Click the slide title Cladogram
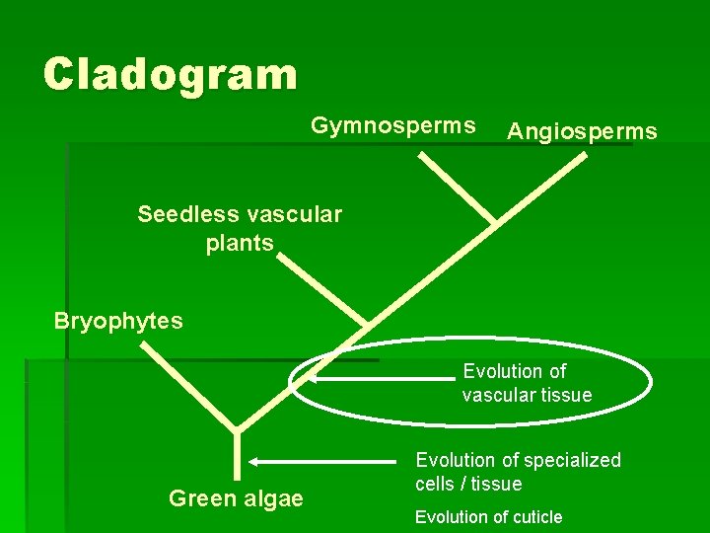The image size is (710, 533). point(170,74)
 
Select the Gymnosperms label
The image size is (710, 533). point(393,126)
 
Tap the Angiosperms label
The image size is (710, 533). point(582,131)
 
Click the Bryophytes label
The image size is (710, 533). point(118,322)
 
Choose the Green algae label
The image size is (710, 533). point(236,498)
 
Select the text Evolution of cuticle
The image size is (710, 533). point(488,517)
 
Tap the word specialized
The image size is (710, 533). point(573,460)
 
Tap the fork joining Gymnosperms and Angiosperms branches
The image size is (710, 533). point(492,221)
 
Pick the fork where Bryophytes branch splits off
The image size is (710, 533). point(237,429)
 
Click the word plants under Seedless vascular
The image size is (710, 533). point(240,243)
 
